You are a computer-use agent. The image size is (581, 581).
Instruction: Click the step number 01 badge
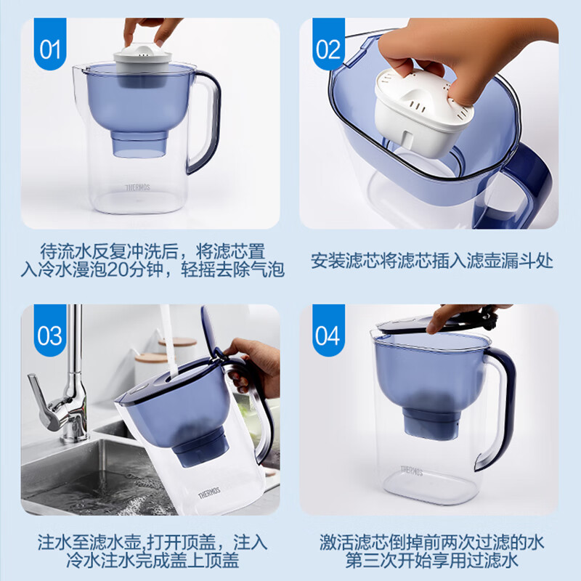[50, 44]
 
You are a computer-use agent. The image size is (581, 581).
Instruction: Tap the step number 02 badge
[328, 44]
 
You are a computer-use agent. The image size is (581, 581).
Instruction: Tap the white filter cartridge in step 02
[423, 111]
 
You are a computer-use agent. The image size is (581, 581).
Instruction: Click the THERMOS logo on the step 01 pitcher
[137, 187]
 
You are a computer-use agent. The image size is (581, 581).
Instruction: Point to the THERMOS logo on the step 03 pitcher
[209, 493]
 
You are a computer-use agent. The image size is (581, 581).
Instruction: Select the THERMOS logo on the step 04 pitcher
[412, 471]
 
